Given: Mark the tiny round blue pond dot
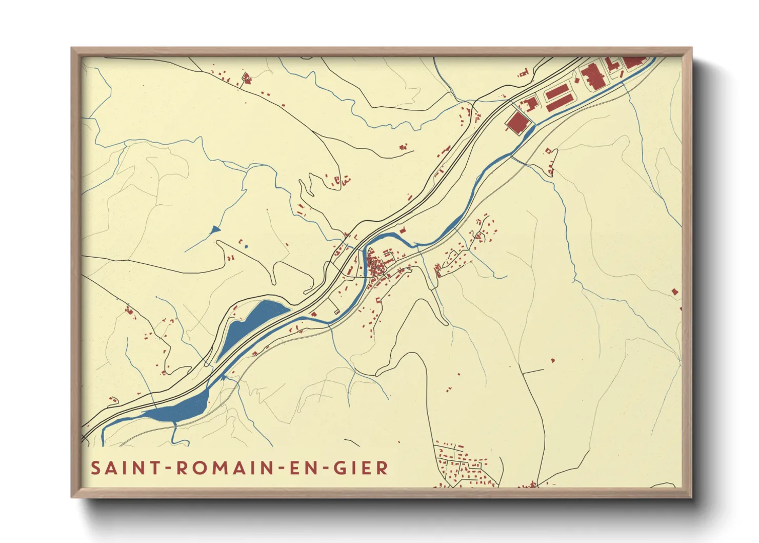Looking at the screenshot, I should [246, 247].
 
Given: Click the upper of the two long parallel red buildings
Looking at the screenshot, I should [556, 92].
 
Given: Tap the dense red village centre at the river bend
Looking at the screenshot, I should [378, 267].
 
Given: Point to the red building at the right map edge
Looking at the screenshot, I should [675, 292].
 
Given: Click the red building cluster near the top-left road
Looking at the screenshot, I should [246, 78].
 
